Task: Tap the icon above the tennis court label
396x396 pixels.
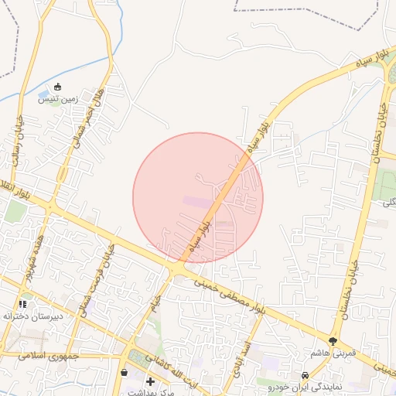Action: [59, 87]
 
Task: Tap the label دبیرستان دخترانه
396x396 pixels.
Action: [24, 316]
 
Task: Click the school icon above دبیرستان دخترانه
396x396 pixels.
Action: [22, 304]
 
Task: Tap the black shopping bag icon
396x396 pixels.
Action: [124, 373]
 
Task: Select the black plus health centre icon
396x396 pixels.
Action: [150, 381]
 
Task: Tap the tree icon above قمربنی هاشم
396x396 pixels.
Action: [333, 340]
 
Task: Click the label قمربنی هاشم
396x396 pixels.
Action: [333, 353]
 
